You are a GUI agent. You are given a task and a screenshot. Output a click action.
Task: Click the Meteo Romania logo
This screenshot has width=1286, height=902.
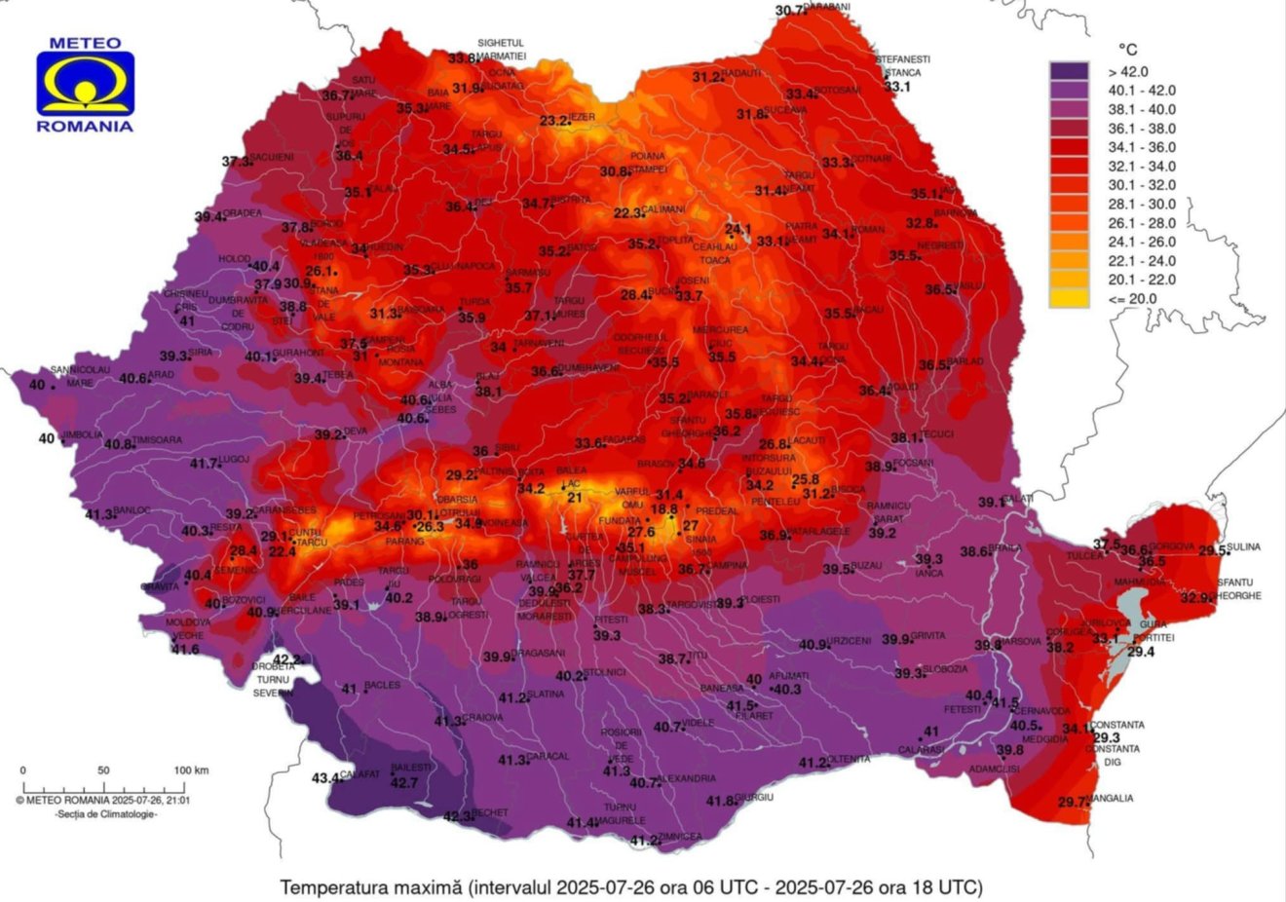(x=85, y=85)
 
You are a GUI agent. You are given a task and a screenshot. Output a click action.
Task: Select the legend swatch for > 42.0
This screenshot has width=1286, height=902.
(x=1069, y=71)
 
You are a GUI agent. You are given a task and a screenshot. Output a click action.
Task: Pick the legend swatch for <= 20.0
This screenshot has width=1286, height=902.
(x=1069, y=298)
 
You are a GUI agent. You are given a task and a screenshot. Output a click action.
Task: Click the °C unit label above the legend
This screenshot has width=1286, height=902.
(x=1126, y=49)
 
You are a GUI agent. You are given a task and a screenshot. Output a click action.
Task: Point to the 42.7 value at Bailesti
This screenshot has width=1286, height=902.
(x=403, y=782)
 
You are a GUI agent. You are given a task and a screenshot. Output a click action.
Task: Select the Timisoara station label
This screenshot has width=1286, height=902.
(x=160, y=440)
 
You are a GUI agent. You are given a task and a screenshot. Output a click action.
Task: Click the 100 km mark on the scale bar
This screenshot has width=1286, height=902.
(x=192, y=770)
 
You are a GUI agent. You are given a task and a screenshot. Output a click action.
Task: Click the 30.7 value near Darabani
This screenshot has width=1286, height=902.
(x=791, y=11)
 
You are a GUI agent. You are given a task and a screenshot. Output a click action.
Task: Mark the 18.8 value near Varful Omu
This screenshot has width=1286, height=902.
(x=663, y=508)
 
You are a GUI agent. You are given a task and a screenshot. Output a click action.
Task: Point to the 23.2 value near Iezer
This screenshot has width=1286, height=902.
(x=554, y=121)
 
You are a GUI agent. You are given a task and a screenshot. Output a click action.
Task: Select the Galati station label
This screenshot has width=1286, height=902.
(x=1019, y=499)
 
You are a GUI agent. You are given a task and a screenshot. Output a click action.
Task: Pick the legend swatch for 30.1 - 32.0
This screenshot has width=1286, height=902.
(x=1069, y=185)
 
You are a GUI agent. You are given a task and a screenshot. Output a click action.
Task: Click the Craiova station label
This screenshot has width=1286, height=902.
(x=483, y=718)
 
